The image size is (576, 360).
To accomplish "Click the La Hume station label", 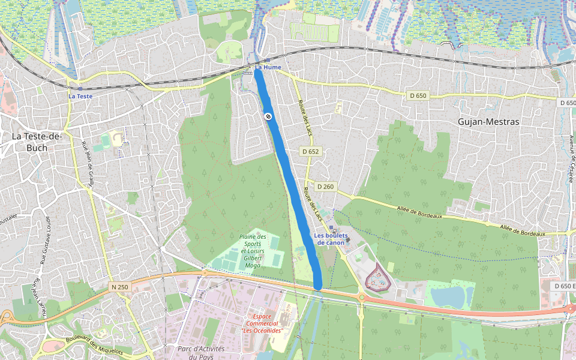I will click(267, 67).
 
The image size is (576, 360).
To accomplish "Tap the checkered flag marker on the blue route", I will click(268, 116).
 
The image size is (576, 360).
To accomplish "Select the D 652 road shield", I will click(310, 152).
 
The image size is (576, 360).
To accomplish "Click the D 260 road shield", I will click(325, 187).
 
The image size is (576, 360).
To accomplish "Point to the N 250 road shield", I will click(119, 287).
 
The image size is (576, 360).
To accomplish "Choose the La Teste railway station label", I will click(80, 96).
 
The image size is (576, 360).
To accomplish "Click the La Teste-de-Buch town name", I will click(37, 142).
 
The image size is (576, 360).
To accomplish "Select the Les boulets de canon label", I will click(329, 239).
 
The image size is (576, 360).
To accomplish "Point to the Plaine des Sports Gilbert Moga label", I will click(253, 251).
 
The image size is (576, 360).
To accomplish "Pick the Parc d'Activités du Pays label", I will click(201, 353).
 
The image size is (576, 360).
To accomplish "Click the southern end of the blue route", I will click(318, 284).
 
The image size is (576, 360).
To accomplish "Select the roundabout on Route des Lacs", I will click(362, 296).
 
